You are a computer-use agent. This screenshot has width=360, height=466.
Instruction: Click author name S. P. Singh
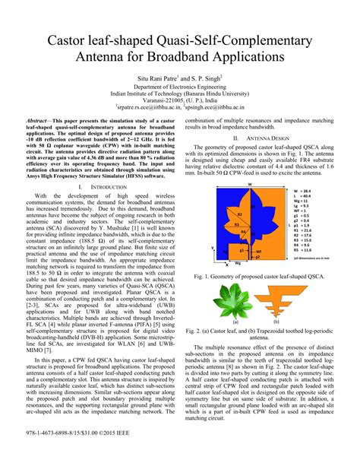[204, 78]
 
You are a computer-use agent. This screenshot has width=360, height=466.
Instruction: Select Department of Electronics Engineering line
[179, 86]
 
